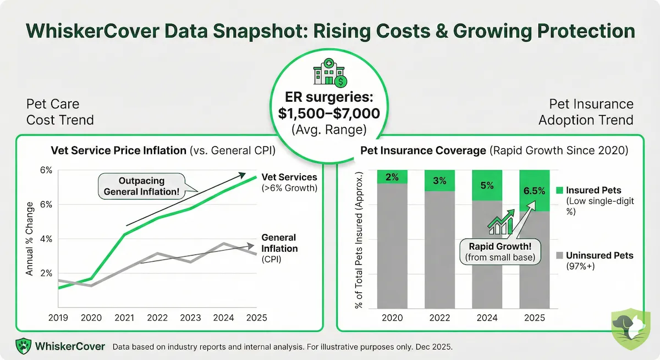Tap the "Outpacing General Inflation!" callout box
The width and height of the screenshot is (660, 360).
(x=141, y=186)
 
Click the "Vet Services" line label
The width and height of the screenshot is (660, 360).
(x=289, y=178)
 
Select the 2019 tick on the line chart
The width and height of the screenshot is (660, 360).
(x=58, y=318)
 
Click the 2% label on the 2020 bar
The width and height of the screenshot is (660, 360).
(x=392, y=177)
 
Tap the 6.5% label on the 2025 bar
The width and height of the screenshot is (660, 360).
(x=534, y=191)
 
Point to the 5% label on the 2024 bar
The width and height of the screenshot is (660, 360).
(x=487, y=185)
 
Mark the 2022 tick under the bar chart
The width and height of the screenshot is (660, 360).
(x=439, y=318)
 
